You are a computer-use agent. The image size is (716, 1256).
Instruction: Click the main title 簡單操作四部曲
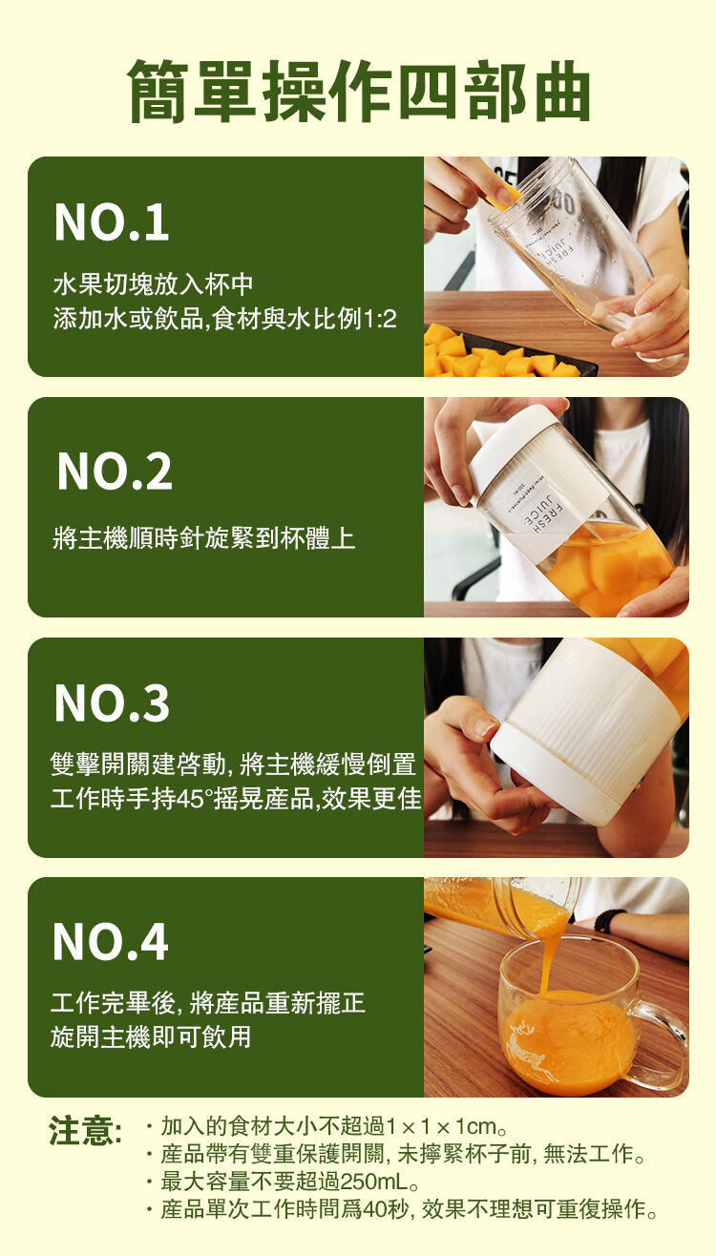point(359,91)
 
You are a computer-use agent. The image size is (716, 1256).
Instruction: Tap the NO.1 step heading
point(112,222)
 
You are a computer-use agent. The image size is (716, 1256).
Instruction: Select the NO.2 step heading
point(115,472)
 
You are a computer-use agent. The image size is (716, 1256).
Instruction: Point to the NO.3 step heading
point(112,703)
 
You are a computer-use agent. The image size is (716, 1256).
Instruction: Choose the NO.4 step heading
point(111,943)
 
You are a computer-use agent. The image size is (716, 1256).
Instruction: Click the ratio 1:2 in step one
point(380,320)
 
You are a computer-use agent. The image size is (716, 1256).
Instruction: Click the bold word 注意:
point(85,1130)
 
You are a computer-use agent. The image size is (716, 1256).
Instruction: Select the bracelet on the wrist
point(609,920)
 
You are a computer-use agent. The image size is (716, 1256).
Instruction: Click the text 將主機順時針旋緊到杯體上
point(204,538)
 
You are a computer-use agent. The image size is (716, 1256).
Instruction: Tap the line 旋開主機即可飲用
point(151,1037)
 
